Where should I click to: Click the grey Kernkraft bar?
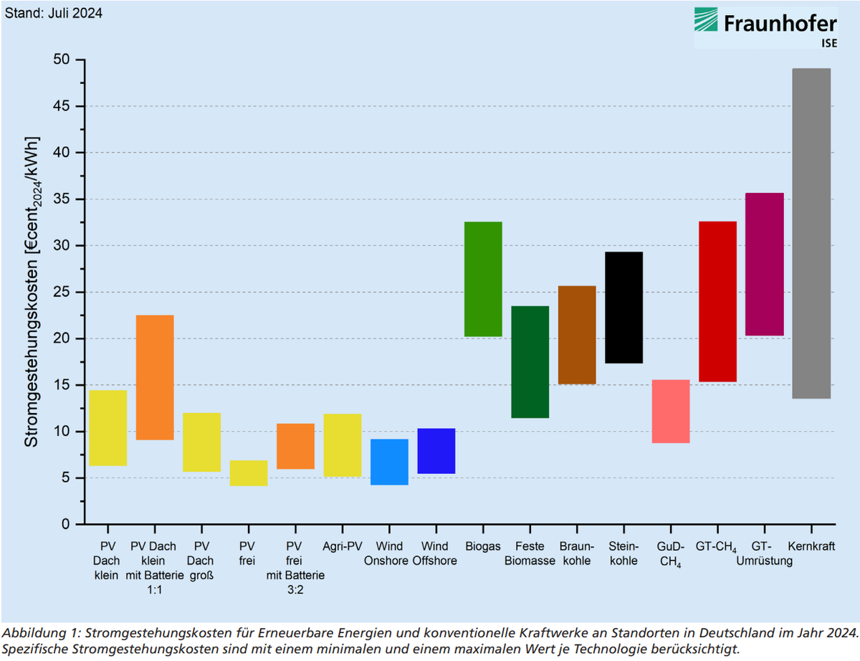pos(811,233)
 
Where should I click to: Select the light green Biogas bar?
pos(483,279)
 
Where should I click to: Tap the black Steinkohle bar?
pos(623,308)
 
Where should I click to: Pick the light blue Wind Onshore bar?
pos(389,462)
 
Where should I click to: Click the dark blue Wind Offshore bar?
pos(436,451)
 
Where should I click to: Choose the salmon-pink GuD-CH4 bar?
pos(671,412)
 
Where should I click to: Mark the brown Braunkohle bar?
pos(577,335)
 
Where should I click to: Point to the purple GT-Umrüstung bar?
pos(765,264)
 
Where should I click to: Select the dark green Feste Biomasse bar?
pos(530,362)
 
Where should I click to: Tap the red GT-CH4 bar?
pos(717,301)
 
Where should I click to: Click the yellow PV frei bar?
pos(249,473)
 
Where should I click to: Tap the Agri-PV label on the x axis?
pos(343,547)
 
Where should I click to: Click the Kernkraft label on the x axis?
pos(811,547)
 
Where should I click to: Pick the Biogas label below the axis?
pos(483,547)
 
